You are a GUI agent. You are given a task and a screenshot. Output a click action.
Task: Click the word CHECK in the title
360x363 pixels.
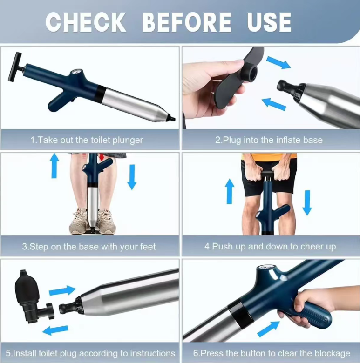(x=86, y=22)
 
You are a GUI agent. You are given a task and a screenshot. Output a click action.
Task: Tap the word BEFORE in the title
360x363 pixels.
(x=187, y=22)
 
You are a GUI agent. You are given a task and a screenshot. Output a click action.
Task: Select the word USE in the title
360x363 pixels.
(x=269, y=22)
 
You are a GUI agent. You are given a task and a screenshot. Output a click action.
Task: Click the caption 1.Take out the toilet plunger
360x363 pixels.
(x=87, y=140)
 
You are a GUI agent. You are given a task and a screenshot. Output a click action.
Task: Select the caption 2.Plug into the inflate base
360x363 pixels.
(x=269, y=140)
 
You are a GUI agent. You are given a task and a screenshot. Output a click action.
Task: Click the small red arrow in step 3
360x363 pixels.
(x=102, y=157)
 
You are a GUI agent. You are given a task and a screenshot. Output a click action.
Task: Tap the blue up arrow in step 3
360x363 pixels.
(x=54, y=166)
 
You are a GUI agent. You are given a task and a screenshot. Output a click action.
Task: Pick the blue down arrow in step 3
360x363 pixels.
(x=132, y=177)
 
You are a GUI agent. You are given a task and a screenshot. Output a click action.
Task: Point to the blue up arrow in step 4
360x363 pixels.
(x=230, y=191)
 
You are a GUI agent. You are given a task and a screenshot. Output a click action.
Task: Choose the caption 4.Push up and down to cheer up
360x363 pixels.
(x=270, y=247)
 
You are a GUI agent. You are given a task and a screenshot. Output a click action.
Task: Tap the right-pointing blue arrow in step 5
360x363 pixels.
(x=62, y=290)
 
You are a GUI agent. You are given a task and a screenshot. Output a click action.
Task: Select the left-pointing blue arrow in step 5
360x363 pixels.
(x=55, y=330)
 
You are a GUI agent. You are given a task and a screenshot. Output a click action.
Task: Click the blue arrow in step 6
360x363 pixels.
(x=268, y=329)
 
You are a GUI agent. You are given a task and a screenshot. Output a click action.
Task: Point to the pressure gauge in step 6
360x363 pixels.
(x=266, y=268)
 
